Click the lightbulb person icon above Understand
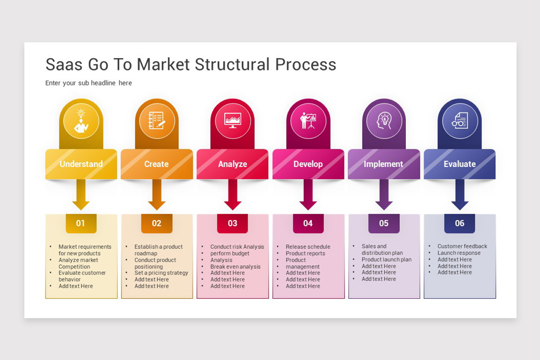[81, 121]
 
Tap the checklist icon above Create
[157, 121]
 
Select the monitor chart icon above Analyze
[233, 121]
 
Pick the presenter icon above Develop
[308, 121]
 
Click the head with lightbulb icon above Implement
[384, 121]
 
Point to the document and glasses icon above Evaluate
[459, 121]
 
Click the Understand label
[81, 164]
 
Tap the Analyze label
[233, 164]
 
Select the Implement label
[383, 164]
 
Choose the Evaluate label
[459, 164]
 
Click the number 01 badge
[81, 223]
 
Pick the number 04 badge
[308, 223]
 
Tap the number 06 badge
[459, 223]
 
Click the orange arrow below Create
[157, 196]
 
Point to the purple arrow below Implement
[384, 196]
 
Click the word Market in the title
[163, 64]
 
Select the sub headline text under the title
[89, 83]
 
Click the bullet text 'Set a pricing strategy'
[161, 273]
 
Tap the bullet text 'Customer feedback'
[462, 246]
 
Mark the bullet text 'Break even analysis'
[235, 266]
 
